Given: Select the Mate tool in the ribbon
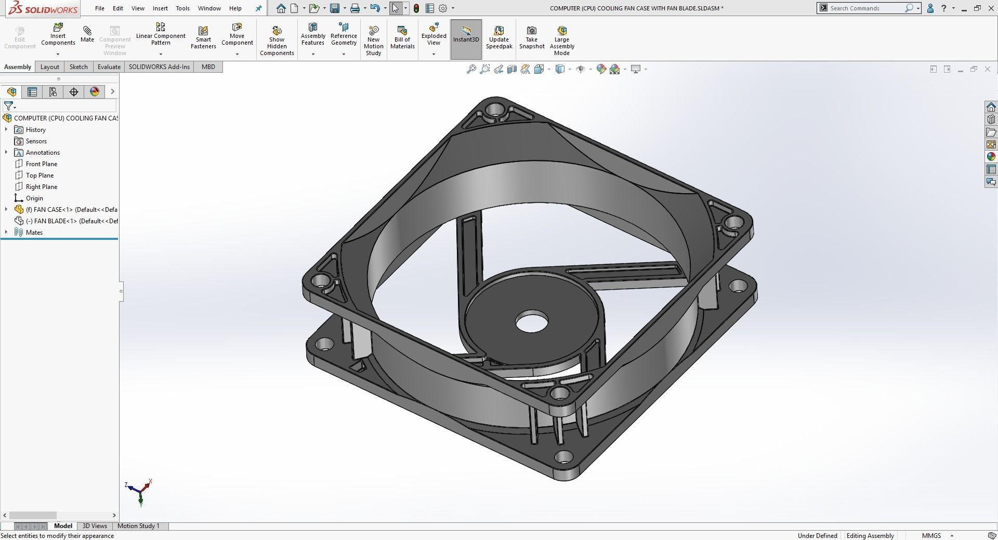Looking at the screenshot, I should pos(87,34).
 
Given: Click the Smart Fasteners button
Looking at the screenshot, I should pos(203,37).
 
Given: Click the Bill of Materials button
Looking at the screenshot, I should pos(402,37).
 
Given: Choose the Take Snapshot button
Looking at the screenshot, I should pos(531,37).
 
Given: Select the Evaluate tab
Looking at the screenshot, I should pos(109,67).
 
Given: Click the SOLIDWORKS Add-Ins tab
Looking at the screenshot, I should pos(159,67).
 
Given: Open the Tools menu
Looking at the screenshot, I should pos(182,8).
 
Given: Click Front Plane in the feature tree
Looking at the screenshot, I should pos(42,164).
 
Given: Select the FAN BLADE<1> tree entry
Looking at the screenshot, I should pos(72,221).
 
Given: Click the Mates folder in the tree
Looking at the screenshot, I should pos(34,233).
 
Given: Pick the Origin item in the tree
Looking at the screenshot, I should pos(34,198).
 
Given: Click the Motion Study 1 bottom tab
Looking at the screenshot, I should pos(138,526).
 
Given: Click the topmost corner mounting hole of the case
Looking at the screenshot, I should pos(495,110).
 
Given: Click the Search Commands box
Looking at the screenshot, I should pos(865,8).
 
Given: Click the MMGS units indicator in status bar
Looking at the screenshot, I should pos(931,536).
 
